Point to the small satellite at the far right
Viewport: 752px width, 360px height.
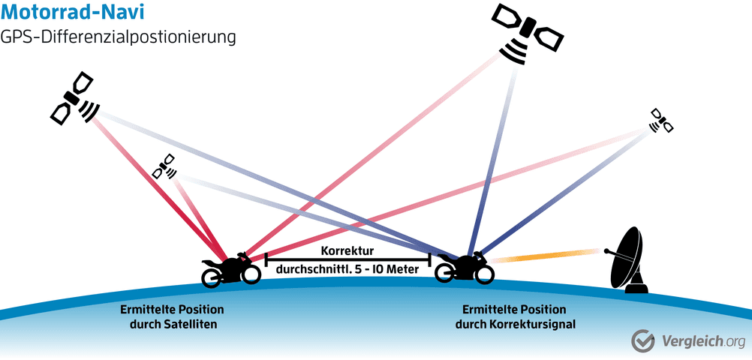(x=661, y=121)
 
